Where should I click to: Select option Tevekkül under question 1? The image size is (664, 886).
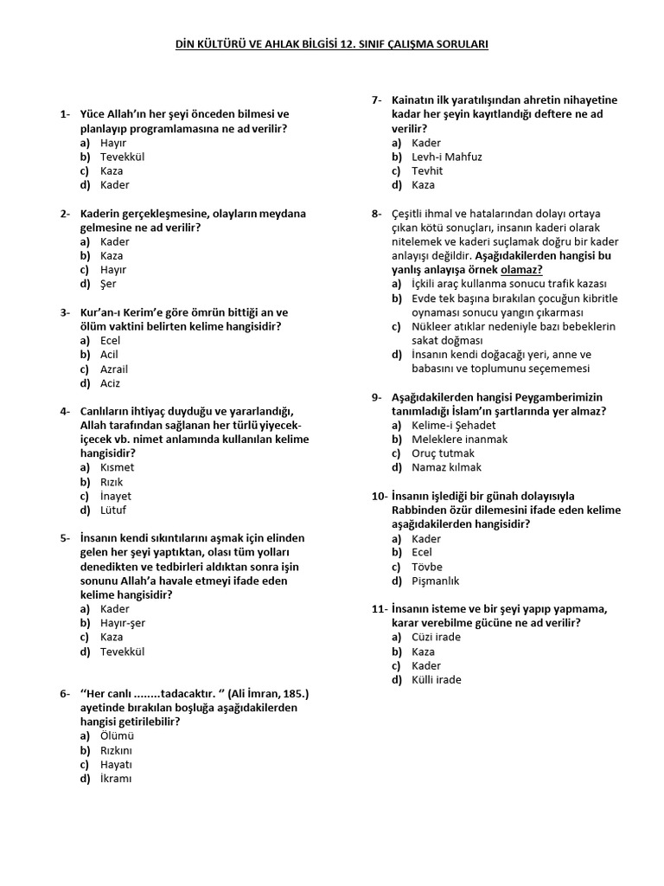(122, 157)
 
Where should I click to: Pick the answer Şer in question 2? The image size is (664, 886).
(108, 284)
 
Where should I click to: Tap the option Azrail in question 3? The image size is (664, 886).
(114, 369)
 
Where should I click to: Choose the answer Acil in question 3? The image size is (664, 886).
(110, 354)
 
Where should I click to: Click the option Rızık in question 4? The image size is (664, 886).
(112, 482)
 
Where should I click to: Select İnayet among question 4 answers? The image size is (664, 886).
(117, 497)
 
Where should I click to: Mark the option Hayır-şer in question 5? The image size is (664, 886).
(123, 623)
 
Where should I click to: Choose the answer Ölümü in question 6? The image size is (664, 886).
(117, 736)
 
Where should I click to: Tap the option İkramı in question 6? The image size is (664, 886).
(116, 779)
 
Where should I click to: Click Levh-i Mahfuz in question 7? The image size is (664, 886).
(447, 157)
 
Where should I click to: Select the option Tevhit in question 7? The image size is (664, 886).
(427, 170)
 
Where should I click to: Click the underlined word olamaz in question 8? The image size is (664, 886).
(522, 269)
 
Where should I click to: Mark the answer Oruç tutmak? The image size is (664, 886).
(443, 453)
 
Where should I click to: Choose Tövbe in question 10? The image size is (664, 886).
(427, 567)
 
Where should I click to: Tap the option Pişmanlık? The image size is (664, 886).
(436, 581)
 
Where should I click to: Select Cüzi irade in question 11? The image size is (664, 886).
(437, 637)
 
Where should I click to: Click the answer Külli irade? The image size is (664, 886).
(437, 680)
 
